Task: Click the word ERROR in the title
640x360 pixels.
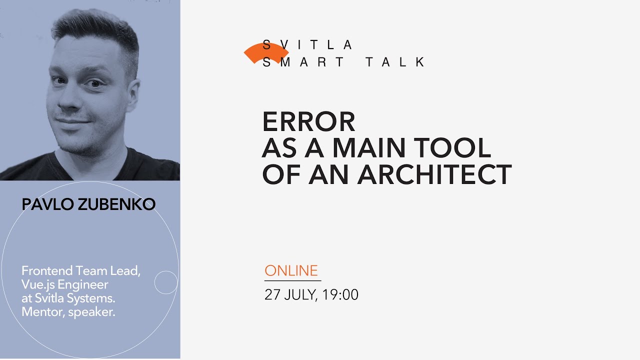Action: [308, 121]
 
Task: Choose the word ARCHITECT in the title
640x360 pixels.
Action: [434, 174]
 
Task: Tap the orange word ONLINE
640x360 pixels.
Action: [291, 270]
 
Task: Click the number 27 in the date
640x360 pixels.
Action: [272, 295]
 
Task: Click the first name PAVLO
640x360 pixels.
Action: [46, 204]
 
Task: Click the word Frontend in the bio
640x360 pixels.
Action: [47, 271]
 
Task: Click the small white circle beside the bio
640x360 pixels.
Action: [166, 282]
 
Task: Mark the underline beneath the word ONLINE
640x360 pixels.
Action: [292, 280]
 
